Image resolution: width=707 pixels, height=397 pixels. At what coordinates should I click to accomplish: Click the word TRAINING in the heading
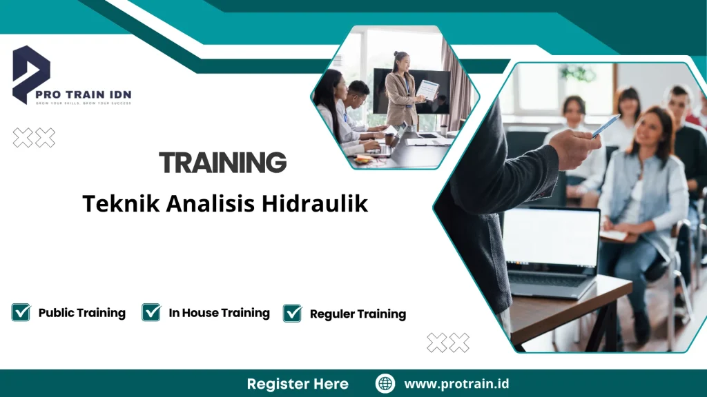coord(222,163)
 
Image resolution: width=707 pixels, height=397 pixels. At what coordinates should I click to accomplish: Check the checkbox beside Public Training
coord(21,312)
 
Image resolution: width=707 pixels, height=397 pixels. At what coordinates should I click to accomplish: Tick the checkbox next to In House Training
coord(151,312)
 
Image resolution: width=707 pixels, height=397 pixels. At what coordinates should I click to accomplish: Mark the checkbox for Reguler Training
coord(293,313)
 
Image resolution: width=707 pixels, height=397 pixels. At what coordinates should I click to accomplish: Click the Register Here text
coord(298,383)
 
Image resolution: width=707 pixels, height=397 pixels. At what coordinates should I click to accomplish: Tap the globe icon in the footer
coord(385,383)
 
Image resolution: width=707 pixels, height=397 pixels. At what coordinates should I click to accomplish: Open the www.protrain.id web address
coord(456,383)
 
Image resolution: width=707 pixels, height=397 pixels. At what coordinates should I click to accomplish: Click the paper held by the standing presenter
coord(428,90)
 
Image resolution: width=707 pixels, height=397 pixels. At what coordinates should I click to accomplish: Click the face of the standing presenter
coord(401,61)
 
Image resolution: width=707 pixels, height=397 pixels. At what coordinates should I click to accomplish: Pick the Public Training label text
coord(81,313)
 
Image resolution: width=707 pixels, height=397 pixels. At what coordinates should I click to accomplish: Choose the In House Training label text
coord(219,313)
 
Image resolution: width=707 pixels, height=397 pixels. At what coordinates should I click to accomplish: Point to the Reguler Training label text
coord(358,314)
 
